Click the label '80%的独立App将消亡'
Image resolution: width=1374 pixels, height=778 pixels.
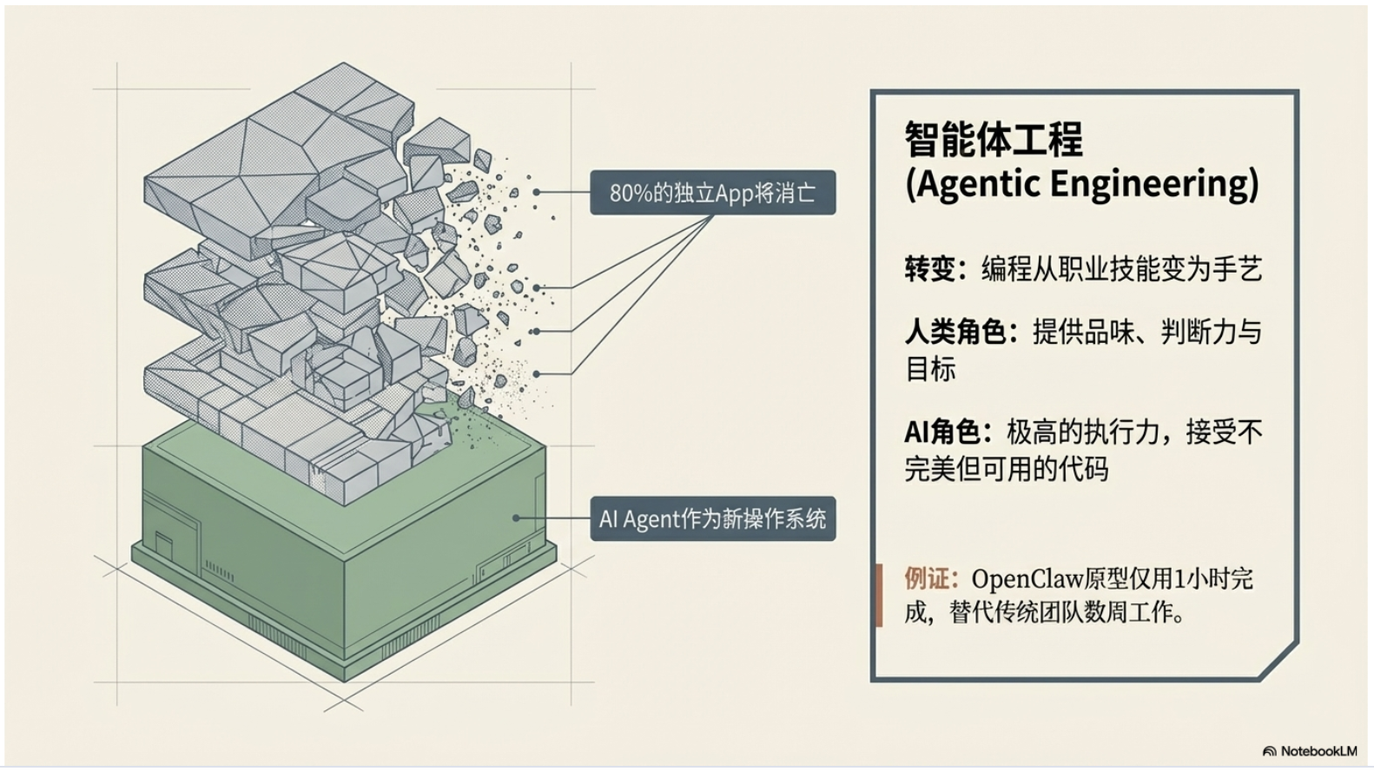[712, 193]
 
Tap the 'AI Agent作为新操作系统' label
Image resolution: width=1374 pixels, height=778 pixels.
[712, 519]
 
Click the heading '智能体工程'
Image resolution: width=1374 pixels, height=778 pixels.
[994, 139]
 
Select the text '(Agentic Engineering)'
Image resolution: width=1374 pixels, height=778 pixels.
[1081, 184]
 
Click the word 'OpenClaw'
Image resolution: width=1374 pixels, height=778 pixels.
[1027, 578]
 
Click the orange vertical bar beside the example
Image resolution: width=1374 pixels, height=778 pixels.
[879, 595]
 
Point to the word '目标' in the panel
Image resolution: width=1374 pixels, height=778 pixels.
[930, 370]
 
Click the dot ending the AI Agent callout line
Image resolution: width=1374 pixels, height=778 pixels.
[516, 518]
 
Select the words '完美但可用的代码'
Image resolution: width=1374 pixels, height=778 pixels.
[1007, 470]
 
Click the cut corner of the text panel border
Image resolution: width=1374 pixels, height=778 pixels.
[1279, 662]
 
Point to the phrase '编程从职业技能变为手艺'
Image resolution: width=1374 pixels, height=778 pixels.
[1121, 269]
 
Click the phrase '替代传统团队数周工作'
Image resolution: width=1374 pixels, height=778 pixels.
[1060, 613]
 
